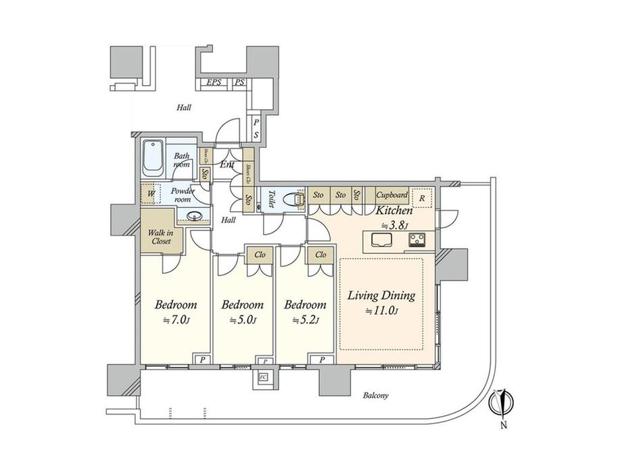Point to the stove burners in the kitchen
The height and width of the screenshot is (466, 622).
(x=415, y=240)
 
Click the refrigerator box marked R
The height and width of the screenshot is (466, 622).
(x=421, y=198)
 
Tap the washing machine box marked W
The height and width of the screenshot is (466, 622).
(x=151, y=194)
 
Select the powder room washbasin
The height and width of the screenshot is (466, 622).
(x=195, y=217)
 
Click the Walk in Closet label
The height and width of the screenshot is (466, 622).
(x=161, y=236)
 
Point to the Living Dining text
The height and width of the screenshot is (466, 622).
(x=381, y=296)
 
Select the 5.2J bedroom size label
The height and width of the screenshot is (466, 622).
(x=306, y=321)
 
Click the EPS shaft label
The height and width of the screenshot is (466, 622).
(x=214, y=83)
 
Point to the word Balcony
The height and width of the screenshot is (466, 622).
(x=375, y=396)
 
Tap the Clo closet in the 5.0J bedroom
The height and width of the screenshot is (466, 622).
(x=259, y=255)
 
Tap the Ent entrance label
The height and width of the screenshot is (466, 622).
(x=227, y=164)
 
